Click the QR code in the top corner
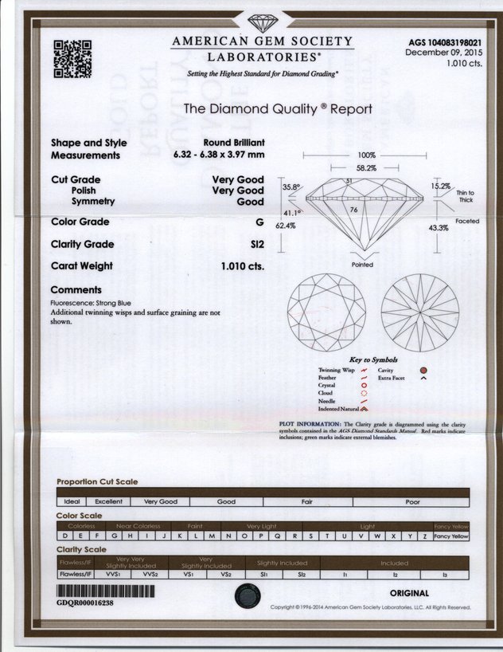click(x=72, y=59)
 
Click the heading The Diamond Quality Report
click(x=277, y=108)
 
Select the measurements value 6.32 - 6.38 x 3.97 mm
click(x=216, y=155)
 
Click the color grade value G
click(x=259, y=222)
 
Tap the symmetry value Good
click(x=251, y=202)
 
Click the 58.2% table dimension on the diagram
click(x=365, y=168)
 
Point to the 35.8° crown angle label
click(x=291, y=187)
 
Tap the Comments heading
click(x=76, y=290)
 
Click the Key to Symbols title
click(x=374, y=360)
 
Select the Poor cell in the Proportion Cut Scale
click(x=412, y=502)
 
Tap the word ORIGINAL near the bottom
click(x=409, y=593)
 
